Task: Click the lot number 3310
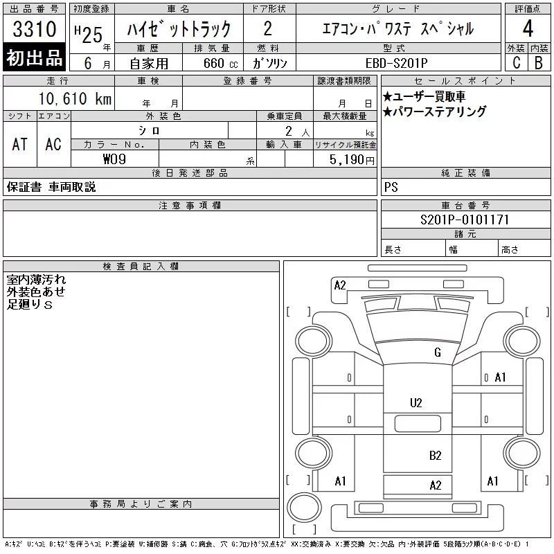click(x=35, y=29)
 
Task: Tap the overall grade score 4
click(x=528, y=28)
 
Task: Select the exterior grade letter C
click(x=517, y=62)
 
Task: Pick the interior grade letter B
click(x=539, y=62)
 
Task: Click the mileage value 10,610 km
click(x=75, y=98)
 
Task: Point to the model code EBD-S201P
click(x=396, y=63)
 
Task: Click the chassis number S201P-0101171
click(x=465, y=220)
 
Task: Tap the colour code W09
click(x=114, y=159)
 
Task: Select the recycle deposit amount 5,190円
click(x=352, y=160)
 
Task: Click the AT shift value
click(x=19, y=144)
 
